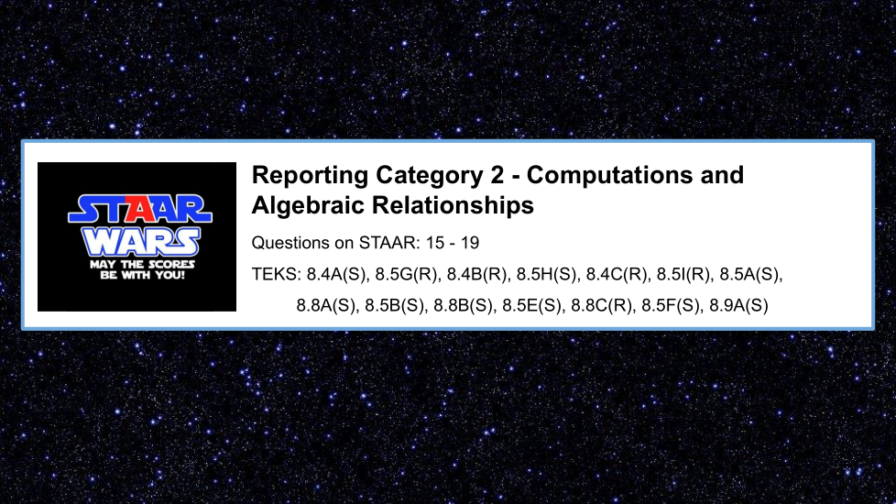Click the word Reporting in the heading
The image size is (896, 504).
tap(310, 176)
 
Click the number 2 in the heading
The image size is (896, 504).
tap(497, 175)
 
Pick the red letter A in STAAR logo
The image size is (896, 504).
tap(140, 209)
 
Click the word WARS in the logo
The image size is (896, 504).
tap(141, 242)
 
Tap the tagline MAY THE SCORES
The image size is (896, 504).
tap(142, 265)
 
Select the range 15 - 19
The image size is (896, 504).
tap(453, 243)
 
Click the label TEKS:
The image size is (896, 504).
tap(276, 274)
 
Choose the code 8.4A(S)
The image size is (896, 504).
tap(336, 275)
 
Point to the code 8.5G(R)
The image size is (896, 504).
tap(406, 275)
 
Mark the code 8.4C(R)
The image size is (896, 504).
tap(617, 275)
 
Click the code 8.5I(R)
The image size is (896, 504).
tap(683, 275)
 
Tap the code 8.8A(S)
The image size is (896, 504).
tap(326, 306)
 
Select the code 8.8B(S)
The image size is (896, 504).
tap(464, 306)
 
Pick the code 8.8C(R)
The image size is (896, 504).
tap(602, 306)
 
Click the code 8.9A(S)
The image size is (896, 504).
tap(738, 306)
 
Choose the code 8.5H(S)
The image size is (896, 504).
tap(547, 275)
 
